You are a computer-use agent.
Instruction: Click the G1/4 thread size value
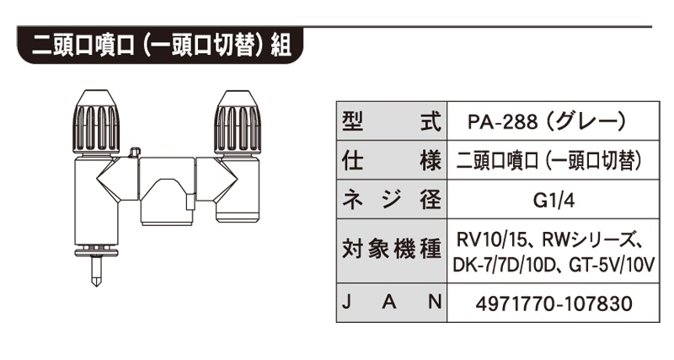(548, 201)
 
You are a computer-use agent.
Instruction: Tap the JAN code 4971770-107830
(548, 301)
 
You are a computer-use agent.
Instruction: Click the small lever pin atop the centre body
(135, 153)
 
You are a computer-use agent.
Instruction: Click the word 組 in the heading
(281, 43)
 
